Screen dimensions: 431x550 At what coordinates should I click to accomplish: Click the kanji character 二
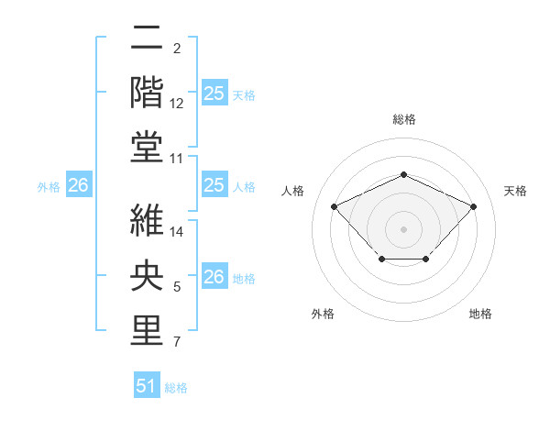coord(147,39)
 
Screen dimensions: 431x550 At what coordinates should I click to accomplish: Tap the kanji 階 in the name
coord(147,92)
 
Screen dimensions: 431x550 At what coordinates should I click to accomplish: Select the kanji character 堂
coord(147,147)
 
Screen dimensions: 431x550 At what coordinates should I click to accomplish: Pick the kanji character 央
coord(147,276)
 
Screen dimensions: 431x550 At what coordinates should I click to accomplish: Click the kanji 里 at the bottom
coord(147,331)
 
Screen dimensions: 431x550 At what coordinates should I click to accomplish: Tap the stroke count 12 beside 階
coord(177,104)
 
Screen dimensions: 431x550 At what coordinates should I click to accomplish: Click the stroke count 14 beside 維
coord(177,232)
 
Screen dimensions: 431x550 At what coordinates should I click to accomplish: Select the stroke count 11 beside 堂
coord(177,159)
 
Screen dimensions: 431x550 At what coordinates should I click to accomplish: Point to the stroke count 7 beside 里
coord(177,343)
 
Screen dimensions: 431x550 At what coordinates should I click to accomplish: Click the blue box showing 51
coord(147,386)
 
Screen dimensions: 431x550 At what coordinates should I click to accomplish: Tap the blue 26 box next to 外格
coord(78,186)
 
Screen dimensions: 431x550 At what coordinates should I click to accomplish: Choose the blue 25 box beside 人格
coord(214,186)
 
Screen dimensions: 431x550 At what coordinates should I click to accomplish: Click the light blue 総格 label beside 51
coord(176,388)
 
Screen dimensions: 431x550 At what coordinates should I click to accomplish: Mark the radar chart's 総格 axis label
coord(403,119)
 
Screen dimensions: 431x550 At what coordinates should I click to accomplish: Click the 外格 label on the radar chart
coord(323,314)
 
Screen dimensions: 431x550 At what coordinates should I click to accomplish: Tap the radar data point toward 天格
coord(473,206)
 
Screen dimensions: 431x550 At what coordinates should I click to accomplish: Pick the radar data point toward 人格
coord(335,206)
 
